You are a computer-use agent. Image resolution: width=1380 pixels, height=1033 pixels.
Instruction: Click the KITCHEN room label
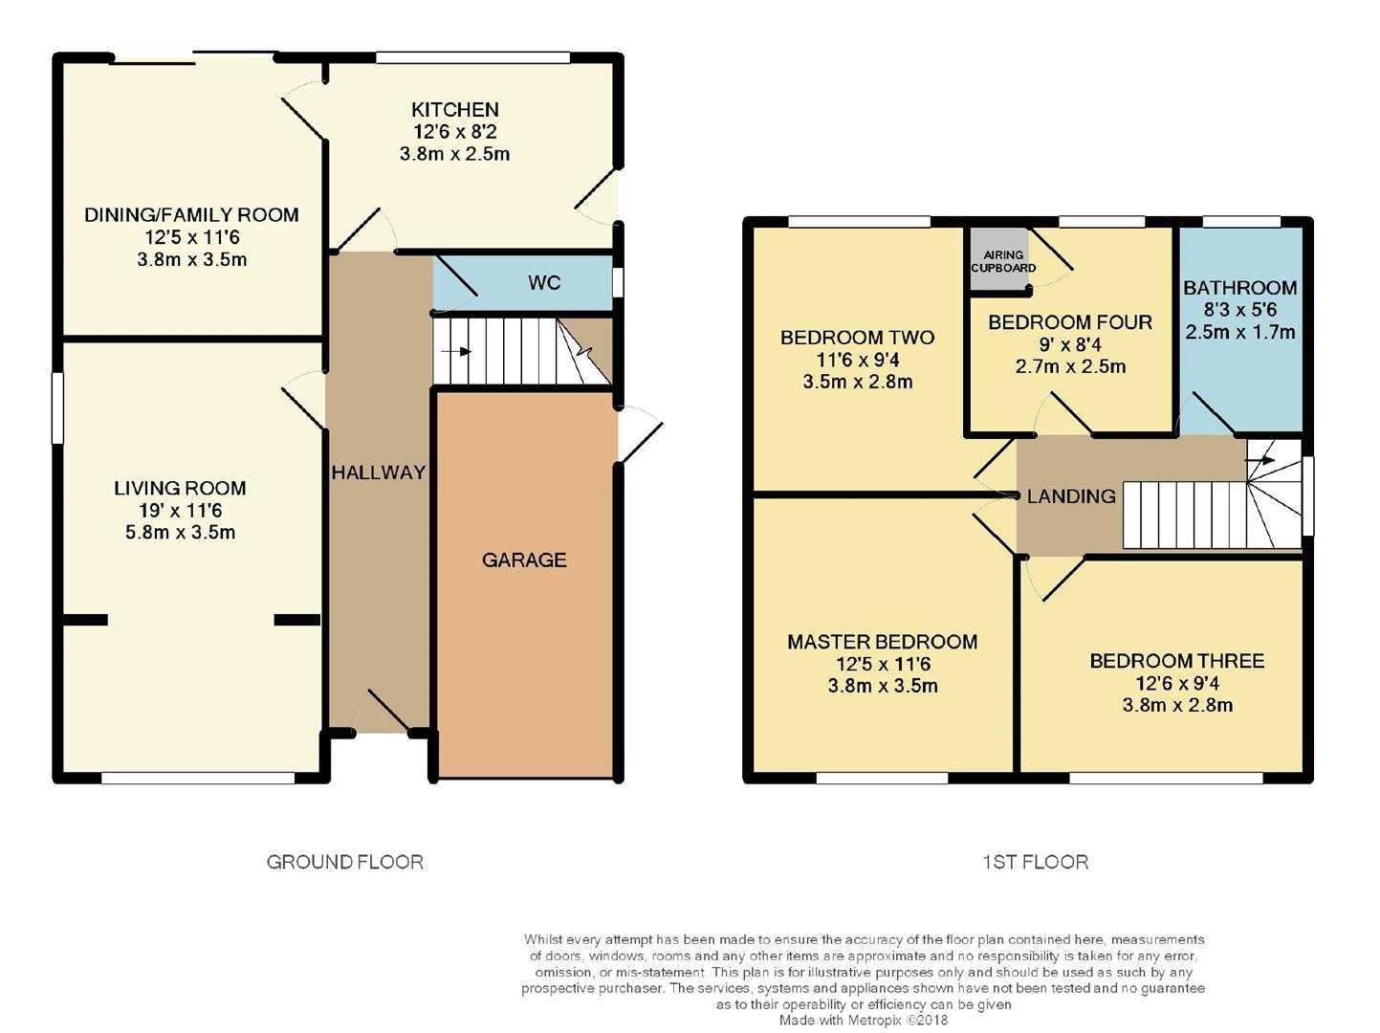[455, 110]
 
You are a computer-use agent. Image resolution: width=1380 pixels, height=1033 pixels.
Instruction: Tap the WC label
[544, 283]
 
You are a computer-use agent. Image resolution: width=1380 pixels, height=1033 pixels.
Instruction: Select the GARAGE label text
[524, 560]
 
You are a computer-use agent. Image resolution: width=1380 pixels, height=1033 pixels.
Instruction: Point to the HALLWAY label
[379, 473]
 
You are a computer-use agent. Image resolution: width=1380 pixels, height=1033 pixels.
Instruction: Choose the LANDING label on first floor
[1071, 496]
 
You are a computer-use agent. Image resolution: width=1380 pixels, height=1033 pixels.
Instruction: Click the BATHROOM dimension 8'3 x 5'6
[1239, 310]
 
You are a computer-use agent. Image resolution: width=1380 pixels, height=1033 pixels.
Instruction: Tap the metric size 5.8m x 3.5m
[180, 533]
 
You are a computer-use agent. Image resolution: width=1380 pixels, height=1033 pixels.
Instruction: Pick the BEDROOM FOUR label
[1070, 322]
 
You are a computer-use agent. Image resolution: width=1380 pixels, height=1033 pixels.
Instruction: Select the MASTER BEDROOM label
[882, 642]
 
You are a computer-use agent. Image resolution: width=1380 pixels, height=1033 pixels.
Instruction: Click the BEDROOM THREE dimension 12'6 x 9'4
[1177, 684]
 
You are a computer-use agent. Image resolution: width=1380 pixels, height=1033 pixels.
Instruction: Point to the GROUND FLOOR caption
[344, 863]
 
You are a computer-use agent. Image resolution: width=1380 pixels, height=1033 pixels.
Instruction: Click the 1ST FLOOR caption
[1035, 863]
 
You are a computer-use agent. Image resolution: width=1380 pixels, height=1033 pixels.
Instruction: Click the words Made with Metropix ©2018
[863, 1021]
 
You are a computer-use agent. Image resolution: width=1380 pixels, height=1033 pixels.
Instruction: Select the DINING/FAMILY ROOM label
[191, 215]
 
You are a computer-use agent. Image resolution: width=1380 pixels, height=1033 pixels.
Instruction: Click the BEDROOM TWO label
[857, 338]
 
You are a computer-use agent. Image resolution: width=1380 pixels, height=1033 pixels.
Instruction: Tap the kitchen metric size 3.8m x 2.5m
[454, 154]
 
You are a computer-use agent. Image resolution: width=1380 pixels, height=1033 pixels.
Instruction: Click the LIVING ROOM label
[180, 489]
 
